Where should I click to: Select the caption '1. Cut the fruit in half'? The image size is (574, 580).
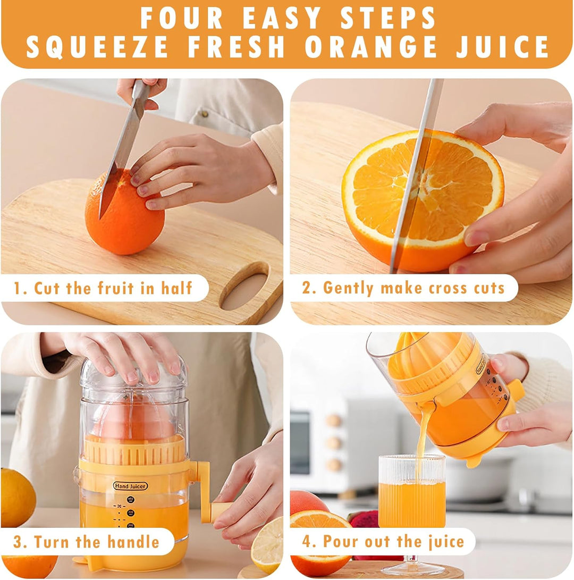pyautogui.click(x=104, y=288)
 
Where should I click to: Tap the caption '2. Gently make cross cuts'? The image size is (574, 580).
pyautogui.click(x=403, y=288)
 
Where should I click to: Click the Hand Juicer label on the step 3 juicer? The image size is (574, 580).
pyautogui.click(x=130, y=485)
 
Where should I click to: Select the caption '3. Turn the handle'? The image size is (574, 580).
pyautogui.click(x=87, y=542)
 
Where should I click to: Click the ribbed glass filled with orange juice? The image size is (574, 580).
pyautogui.click(x=412, y=494)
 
